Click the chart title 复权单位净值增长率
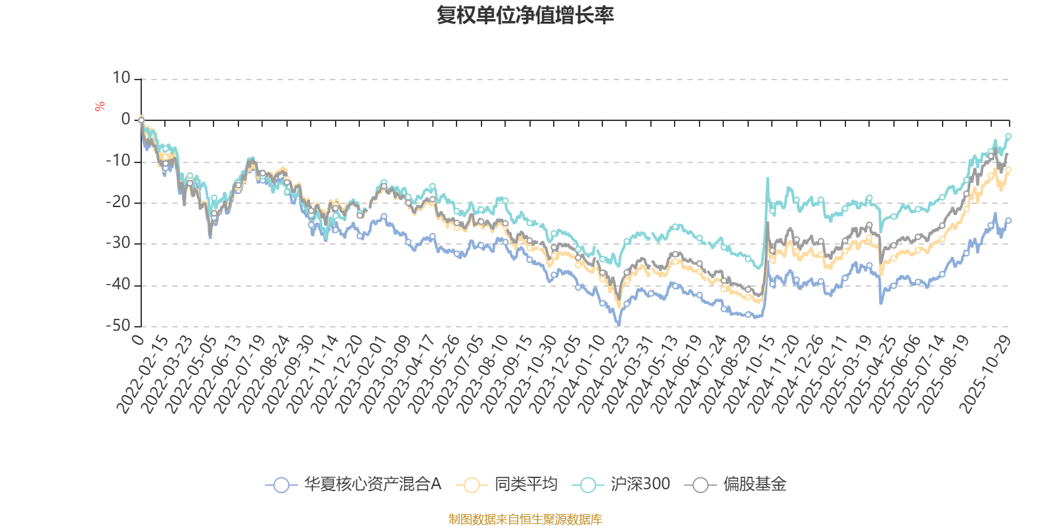pyautogui.click(x=525, y=15)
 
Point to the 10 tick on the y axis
pyautogui.click(x=122, y=78)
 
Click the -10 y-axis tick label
pyautogui.click(x=118, y=161)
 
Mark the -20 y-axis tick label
pyautogui.click(x=118, y=203)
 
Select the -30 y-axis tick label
pyautogui.click(x=118, y=243)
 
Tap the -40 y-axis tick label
pyautogui.click(x=118, y=285)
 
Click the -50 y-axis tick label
pyautogui.click(x=118, y=325)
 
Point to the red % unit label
pyautogui.click(x=100, y=107)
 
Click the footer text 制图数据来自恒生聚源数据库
pyautogui.click(x=525, y=519)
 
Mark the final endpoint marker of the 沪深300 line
pyautogui.click(x=1008, y=136)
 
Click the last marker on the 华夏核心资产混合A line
pyautogui.click(x=1008, y=221)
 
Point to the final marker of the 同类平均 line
pyautogui.click(x=1008, y=170)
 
